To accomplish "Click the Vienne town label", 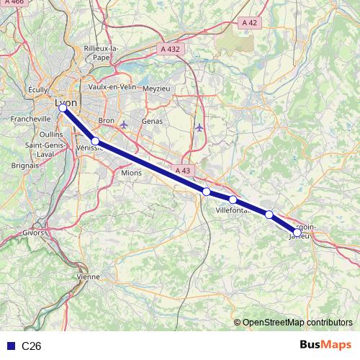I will (x=89, y=276).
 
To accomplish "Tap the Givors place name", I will (x=33, y=233).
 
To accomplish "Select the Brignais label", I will (x=25, y=165).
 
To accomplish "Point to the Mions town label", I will (x=132, y=173).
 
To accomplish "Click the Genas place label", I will (x=153, y=122).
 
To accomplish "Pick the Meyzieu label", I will (x=157, y=88).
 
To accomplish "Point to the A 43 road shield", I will (x=183, y=170).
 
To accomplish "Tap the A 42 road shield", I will (x=249, y=23).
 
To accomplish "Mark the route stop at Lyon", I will (x=63, y=108).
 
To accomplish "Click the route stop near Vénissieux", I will (x=95, y=141).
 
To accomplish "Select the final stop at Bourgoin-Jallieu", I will (x=297, y=232).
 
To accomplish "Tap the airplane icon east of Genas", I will (x=199, y=127).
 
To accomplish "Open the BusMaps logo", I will (x=325, y=346).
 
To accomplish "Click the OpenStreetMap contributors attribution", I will (x=297, y=322).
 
